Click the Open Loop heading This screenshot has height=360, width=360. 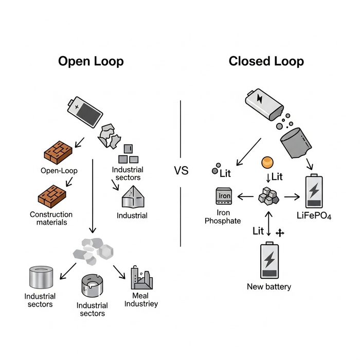[x=91, y=62]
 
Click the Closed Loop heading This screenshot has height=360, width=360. [x=266, y=62]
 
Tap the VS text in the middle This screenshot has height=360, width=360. [x=181, y=171]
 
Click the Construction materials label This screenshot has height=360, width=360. [x=51, y=218]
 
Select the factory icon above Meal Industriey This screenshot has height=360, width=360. [x=141, y=278]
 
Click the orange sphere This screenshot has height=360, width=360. [x=266, y=163]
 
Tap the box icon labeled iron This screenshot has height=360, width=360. [x=225, y=197]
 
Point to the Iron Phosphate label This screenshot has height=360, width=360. [x=223, y=217]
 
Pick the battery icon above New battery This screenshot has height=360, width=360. [x=269, y=260]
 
